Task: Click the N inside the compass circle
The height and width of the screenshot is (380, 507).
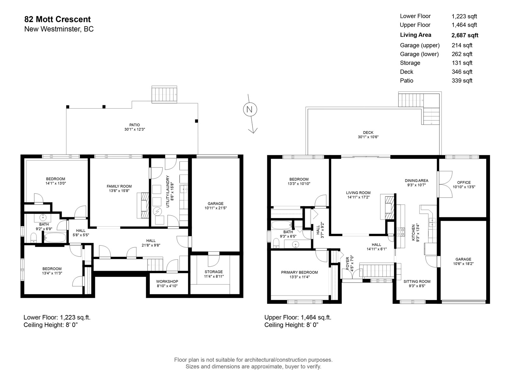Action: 249,109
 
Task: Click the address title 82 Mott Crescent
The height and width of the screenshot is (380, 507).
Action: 58,19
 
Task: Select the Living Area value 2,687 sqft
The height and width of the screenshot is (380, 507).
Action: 465,35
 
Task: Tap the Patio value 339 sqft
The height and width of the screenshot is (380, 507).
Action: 462,80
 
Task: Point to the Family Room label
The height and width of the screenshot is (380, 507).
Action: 119,186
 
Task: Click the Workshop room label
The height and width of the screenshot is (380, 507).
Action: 167,282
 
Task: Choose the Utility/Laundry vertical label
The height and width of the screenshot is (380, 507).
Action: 168,192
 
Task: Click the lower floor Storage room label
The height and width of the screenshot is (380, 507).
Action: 214,272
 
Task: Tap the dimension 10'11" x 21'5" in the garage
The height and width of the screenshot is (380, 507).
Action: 216,208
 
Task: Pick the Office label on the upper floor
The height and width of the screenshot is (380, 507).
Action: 464,182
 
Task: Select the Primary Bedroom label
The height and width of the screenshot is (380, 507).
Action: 299,272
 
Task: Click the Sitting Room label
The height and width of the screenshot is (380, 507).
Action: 417,282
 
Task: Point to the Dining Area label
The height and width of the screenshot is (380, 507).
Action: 416,180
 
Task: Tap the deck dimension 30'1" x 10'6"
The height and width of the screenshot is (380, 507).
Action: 368,137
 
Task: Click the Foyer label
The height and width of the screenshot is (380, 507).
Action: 348,263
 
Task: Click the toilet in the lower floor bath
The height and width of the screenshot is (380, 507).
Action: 34,237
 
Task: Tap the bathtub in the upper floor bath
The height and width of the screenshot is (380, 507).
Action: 282,225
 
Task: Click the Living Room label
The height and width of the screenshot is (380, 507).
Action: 358,193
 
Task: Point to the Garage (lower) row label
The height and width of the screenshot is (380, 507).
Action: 419,54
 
